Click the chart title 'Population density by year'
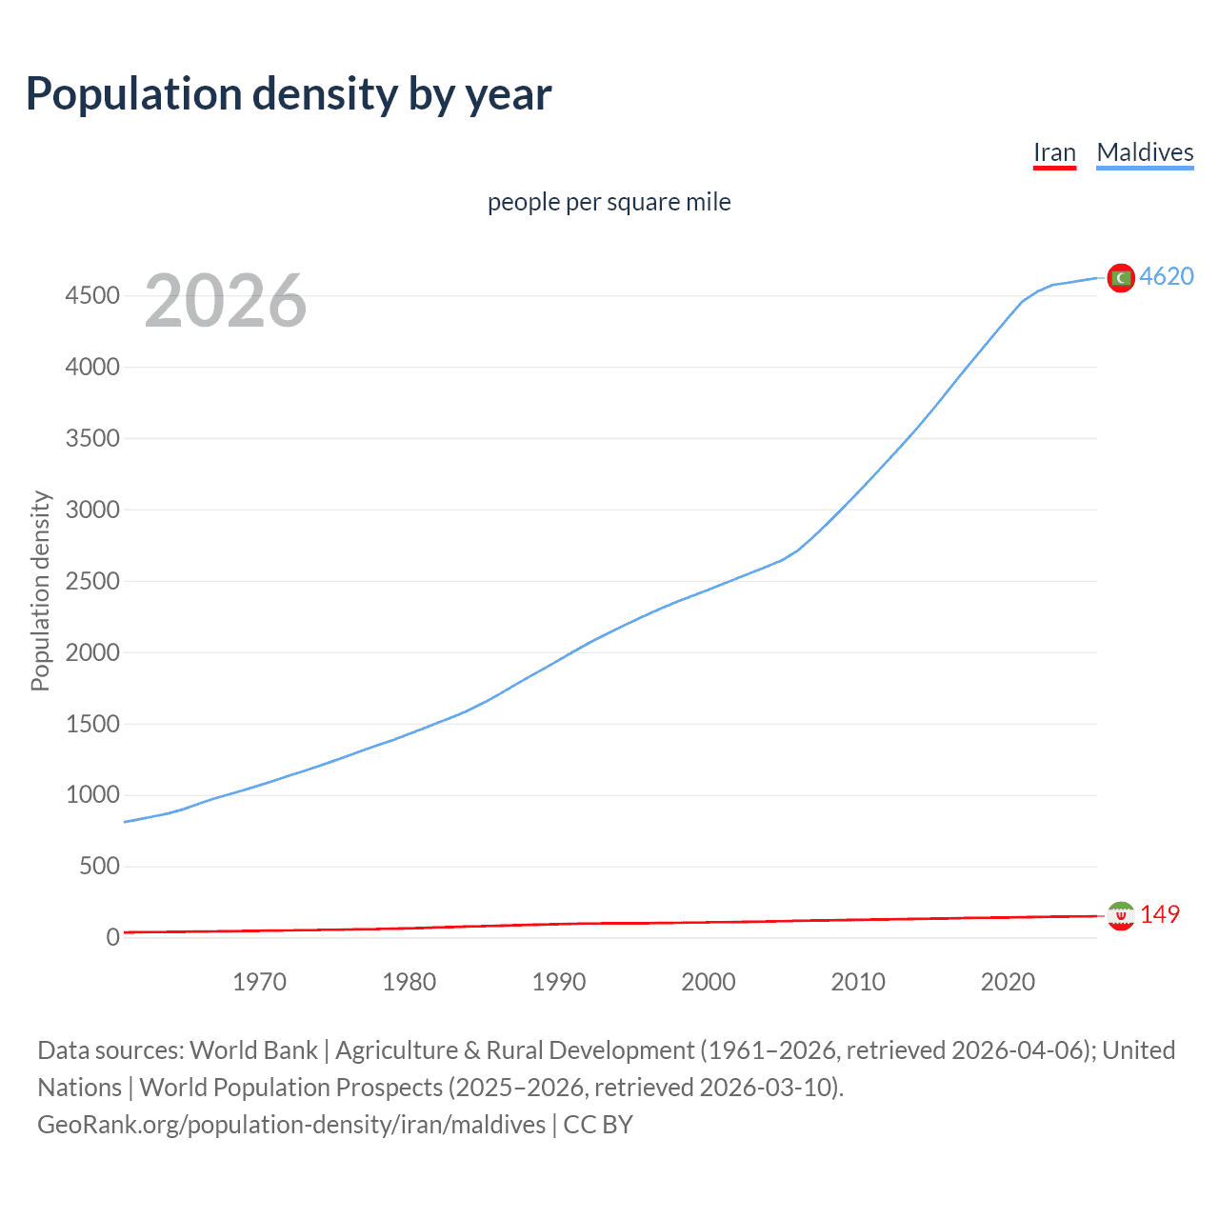289,93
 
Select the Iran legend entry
1054,152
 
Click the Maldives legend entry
1145,152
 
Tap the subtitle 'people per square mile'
609,202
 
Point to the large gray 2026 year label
226,301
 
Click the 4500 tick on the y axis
92,296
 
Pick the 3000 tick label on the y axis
92,510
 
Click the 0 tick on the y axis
113,937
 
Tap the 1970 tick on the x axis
259,982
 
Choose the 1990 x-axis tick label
559,982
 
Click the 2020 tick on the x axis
1008,982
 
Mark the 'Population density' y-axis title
40,590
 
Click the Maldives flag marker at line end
1121,277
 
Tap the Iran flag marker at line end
1121,915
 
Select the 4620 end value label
1167,276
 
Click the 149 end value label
1160,914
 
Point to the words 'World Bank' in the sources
253,1050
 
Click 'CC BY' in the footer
598,1125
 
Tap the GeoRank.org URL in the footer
291,1125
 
